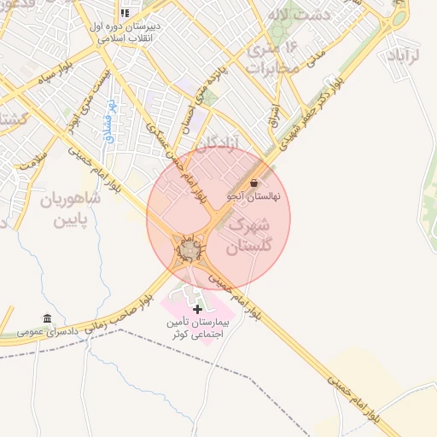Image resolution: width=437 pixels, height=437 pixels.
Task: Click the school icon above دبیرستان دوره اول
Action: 125,13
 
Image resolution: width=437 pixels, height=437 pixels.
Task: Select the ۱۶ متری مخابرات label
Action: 275,56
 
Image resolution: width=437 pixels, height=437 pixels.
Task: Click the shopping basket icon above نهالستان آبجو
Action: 255,183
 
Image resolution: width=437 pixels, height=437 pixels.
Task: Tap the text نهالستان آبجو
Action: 258,196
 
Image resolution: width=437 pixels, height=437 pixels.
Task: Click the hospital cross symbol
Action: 198,309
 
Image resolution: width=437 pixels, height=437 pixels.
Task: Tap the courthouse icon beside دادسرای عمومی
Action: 47,318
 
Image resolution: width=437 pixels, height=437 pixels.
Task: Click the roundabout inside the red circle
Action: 189,249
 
